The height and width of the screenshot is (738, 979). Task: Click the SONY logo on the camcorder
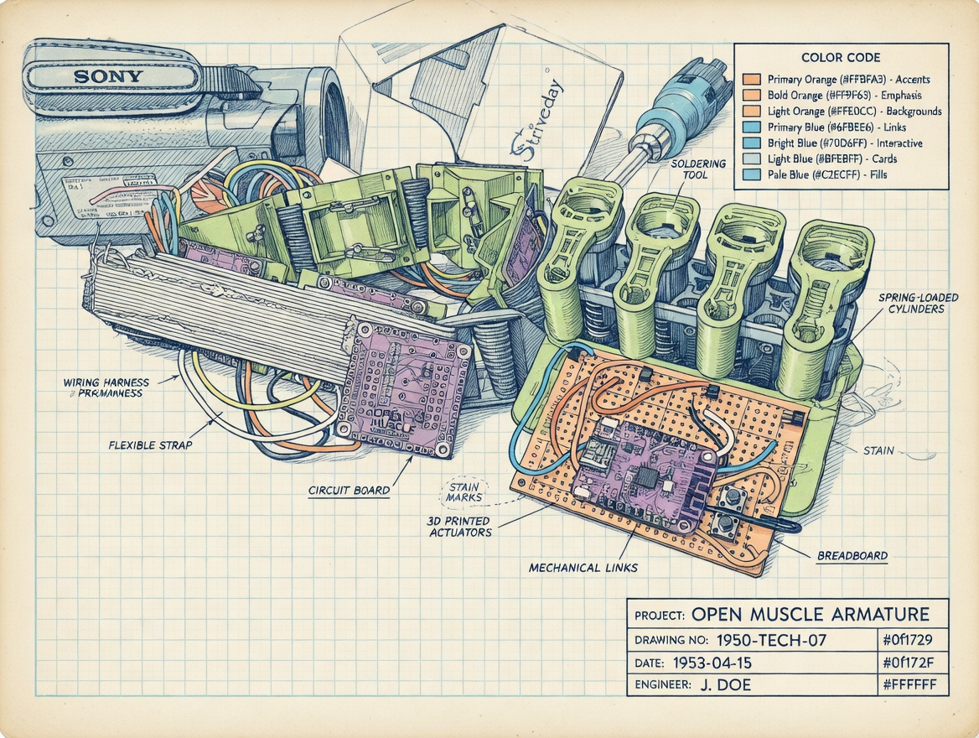coord(109,76)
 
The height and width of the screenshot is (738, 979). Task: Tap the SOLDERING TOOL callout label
coord(698,169)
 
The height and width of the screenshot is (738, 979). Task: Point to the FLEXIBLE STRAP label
coord(150,444)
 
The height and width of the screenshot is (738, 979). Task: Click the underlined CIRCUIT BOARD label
coord(350,489)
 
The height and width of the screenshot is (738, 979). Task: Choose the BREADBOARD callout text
coord(852,555)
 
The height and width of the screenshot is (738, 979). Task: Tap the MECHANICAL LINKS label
coord(583,568)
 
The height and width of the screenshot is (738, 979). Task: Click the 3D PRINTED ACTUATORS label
coord(460,527)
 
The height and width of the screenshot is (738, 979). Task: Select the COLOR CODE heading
coord(840,58)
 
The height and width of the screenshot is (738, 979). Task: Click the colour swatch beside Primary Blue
coord(751,127)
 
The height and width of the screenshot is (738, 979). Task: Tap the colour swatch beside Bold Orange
coord(751,95)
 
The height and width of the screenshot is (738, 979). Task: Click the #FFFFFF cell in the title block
coord(909,684)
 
